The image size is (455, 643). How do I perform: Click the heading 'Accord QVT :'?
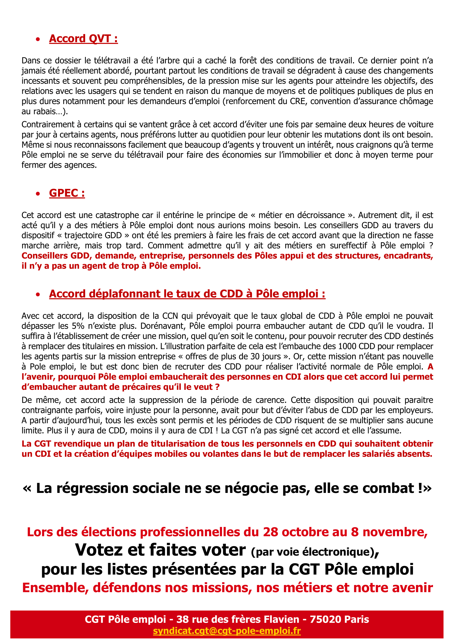tap(83, 39)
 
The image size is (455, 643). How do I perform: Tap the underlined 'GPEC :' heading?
tap(67, 193)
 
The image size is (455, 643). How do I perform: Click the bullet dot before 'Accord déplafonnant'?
tap(38, 294)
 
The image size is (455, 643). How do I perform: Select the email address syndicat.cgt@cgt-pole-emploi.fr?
tap(227, 631)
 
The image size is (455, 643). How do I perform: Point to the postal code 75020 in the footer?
tap(325, 619)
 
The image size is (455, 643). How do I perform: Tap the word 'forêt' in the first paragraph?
tap(248, 60)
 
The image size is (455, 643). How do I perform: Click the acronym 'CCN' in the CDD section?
tap(170, 316)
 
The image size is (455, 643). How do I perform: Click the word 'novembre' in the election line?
tap(395, 532)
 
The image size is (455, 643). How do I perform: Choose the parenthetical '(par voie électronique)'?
tap(315, 552)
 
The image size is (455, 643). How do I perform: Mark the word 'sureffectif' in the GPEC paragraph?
tap(348, 245)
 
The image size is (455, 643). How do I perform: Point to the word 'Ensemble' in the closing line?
tap(55, 587)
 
